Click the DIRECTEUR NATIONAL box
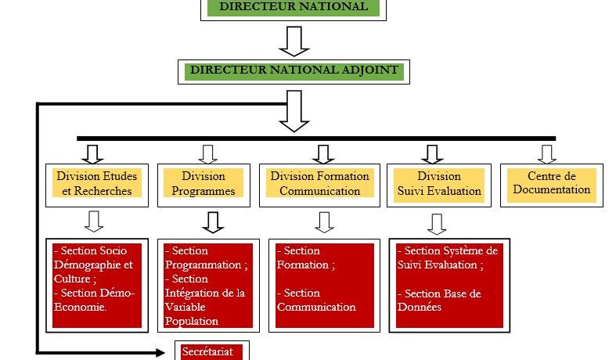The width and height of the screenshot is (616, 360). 294,7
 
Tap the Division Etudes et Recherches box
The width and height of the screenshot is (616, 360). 96,184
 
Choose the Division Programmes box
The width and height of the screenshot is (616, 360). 203,184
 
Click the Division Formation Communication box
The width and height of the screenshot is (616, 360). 319,184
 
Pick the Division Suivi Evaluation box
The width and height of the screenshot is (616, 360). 438,184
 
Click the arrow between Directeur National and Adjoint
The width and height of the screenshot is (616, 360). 294,41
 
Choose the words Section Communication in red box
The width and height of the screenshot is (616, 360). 316,301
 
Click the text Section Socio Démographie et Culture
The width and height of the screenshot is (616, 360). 92,264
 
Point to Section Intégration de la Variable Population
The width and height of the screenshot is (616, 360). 205,300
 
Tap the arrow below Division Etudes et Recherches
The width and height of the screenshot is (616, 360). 94,221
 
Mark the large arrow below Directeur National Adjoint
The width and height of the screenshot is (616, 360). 294,111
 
